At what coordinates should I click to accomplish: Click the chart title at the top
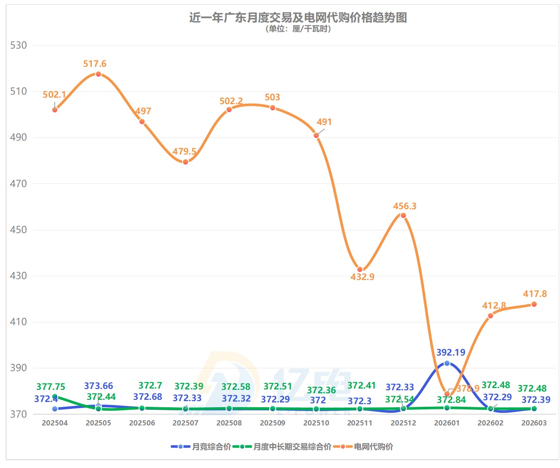(298, 17)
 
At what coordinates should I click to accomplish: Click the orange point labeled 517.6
(98, 74)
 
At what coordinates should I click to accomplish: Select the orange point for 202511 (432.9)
(360, 270)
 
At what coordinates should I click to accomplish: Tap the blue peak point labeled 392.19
(447, 363)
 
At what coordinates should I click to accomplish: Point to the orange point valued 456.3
(403, 215)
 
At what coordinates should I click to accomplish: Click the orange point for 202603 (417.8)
(534, 304)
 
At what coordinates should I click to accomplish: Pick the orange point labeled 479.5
(186, 162)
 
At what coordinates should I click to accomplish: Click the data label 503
(272, 97)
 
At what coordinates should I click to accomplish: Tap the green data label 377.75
(51, 387)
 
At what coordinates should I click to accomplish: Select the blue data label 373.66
(99, 386)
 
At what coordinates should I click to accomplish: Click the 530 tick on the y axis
(18, 46)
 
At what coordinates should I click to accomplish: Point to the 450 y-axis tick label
(18, 230)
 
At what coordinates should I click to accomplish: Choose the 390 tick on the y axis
(18, 368)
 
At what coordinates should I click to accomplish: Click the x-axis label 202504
(55, 423)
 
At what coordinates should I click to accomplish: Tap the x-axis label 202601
(447, 423)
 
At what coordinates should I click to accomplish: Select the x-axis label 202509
(272, 423)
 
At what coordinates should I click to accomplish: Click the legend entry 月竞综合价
(211, 447)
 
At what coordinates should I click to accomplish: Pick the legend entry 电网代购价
(373, 447)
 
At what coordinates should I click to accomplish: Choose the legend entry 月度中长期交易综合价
(292, 447)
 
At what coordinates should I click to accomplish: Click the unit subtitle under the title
(298, 29)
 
